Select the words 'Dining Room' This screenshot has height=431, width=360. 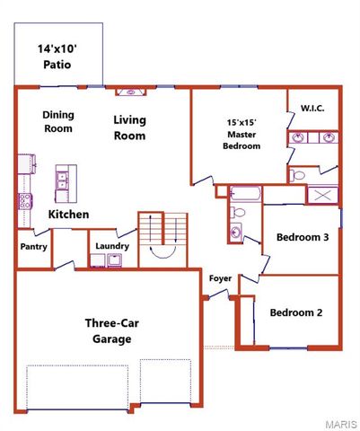(x=57, y=121)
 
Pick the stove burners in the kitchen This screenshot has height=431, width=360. (x=24, y=201)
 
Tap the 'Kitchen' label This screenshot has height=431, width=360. (x=68, y=215)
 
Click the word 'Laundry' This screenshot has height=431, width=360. (x=112, y=246)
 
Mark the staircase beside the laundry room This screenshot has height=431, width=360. (x=162, y=235)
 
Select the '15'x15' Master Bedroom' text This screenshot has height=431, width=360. (x=241, y=134)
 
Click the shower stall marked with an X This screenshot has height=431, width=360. (x=323, y=195)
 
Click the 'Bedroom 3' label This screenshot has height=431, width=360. (x=303, y=237)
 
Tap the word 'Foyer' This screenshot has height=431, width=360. (x=220, y=278)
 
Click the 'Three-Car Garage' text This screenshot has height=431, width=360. (x=109, y=330)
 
